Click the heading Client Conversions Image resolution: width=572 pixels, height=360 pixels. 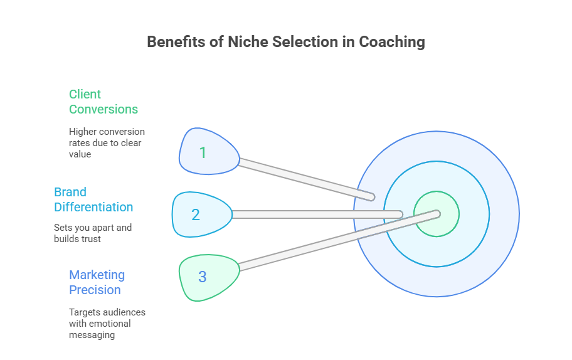tap(103, 102)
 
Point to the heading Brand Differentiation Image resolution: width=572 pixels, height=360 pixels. tap(93, 199)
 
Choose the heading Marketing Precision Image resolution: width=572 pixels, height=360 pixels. tap(97, 282)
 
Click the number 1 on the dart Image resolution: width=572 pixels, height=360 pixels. tap(203, 152)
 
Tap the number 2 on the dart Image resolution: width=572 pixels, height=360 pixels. tap(196, 214)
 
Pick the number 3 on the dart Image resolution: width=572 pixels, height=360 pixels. tap(203, 276)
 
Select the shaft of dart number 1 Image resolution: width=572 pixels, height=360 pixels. tap(301, 178)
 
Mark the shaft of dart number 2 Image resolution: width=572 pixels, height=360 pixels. tap(314, 214)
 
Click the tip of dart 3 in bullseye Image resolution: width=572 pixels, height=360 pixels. tap(436, 213)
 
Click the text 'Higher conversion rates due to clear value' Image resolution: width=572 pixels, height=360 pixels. tap(107, 143)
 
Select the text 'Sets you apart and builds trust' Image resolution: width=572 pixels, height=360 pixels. tap(93, 233)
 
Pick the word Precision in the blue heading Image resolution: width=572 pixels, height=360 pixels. tap(95, 290)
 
